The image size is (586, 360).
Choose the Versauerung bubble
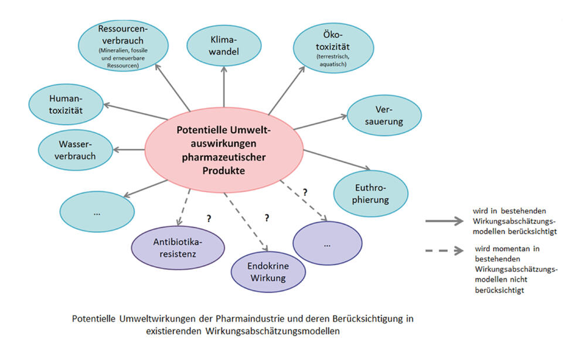click(384, 115)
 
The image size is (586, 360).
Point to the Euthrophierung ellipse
click(370, 192)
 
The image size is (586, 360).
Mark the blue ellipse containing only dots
click(97, 213)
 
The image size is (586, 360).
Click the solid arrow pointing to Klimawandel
click(224, 88)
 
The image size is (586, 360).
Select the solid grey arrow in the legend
click(445, 222)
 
